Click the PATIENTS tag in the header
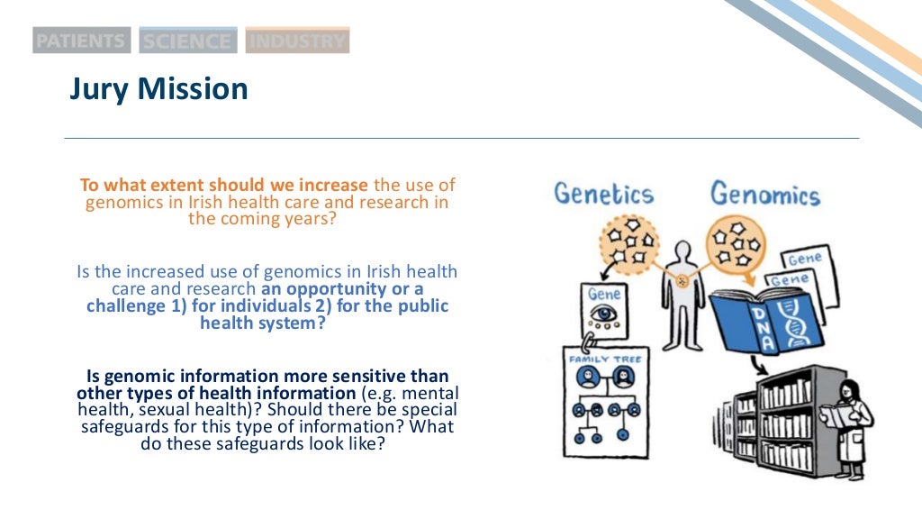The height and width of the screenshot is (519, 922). pos(81,41)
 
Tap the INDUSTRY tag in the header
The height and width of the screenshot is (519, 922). pos(297,41)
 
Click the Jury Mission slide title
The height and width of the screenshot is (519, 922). pos(158,89)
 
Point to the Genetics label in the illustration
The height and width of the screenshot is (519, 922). pos(603,194)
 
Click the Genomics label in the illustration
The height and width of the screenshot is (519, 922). pos(764,194)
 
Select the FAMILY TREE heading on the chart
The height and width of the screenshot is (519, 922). pos(604,359)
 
